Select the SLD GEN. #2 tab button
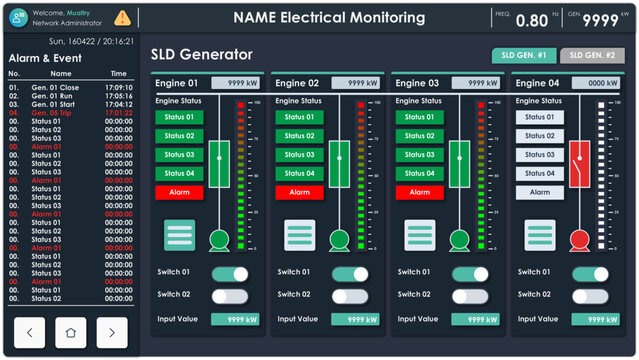(592, 56)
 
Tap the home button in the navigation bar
(70, 332)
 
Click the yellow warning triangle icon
(123, 17)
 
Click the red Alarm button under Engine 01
(179, 192)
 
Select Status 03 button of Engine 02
(299, 155)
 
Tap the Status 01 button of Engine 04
(539, 117)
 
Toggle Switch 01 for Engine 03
(469, 274)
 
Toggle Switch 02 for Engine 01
(229, 296)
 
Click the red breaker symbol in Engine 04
(579, 164)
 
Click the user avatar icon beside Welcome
(18, 17)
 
